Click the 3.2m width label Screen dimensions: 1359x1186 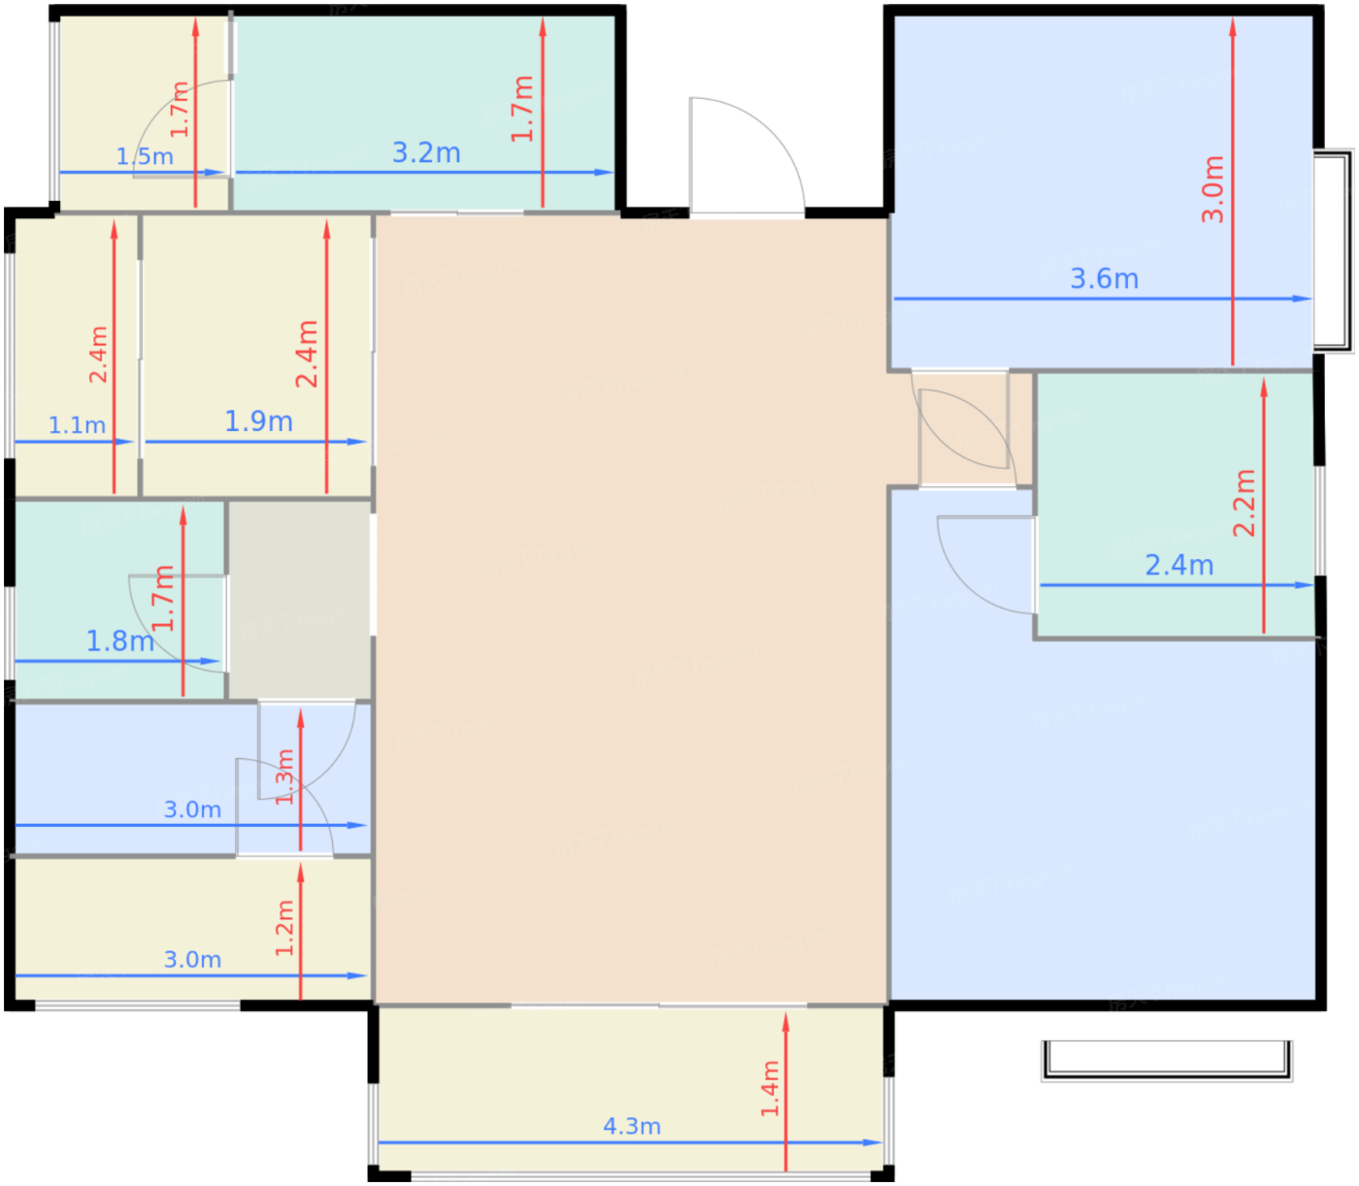tap(426, 152)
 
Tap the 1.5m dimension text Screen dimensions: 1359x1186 tap(145, 156)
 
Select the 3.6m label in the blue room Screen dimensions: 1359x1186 tap(1104, 279)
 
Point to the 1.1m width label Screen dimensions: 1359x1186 tap(77, 425)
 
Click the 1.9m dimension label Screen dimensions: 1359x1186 tap(258, 421)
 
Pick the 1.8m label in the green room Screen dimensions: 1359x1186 tap(120, 641)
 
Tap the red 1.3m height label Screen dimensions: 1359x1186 tap(284, 776)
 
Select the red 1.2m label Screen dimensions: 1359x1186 tap(284, 928)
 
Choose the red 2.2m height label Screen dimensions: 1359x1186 tap(1243, 503)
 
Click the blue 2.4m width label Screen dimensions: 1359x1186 tap(1179, 565)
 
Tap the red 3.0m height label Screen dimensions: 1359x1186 tap(1212, 189)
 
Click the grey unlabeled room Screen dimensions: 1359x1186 tap(300, 600)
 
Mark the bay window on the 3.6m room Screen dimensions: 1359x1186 tap(1333, 251)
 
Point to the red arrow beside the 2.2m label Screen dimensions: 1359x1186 tap(1263, 506)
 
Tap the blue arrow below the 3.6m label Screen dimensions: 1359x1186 tap(1103, 299)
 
